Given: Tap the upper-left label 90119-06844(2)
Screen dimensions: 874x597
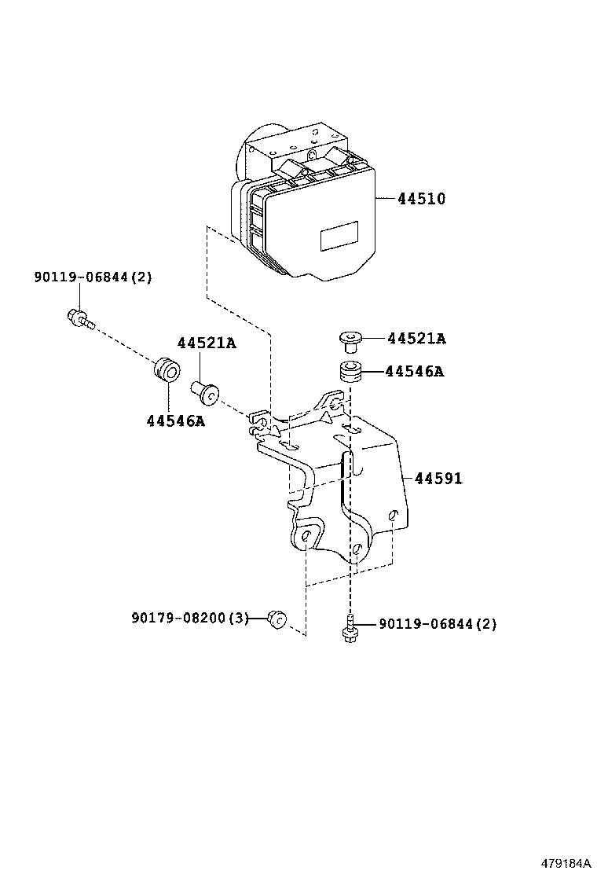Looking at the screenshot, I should pyautogui.click(x=93, y=277).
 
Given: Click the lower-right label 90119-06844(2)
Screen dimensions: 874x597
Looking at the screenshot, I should pyautogui.click(x=438, y=624).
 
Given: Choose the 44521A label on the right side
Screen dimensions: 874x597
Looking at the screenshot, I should pyautogui.click(x=416, y=339).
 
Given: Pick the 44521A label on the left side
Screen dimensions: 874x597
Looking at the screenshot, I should pyautogui.click(x=206, y=343).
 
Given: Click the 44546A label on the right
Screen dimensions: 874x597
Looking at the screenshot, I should pyautogui.click(x=414, y=371).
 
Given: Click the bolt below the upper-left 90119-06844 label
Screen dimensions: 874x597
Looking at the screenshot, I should pyautogui.click(x=79, y=318).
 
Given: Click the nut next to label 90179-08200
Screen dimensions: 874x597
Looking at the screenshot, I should pyautogui.click(x=276, y=619).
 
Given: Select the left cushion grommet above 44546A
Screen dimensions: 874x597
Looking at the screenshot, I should pyautogui.click(x=167, y=369).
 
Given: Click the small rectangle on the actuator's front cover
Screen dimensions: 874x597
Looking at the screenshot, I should pyautogui.click(x=338, y=235).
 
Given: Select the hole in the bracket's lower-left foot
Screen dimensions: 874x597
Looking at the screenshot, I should pyautogui.click(x=305, y=538).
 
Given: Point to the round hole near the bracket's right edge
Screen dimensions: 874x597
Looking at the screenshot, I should pyautogui.click(x=394, y=516).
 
